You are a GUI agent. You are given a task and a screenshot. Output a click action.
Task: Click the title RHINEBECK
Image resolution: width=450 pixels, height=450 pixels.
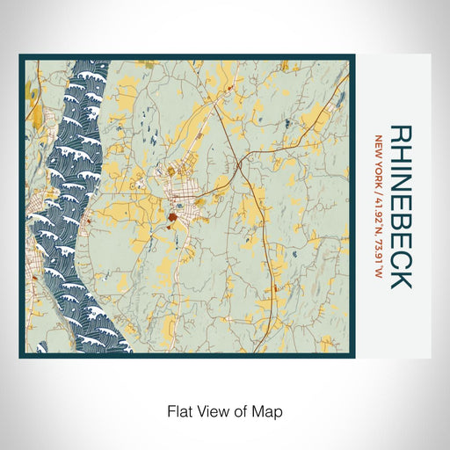pos(400,207)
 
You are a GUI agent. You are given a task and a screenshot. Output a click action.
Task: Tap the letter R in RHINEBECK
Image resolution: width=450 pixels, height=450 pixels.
pos(400,134)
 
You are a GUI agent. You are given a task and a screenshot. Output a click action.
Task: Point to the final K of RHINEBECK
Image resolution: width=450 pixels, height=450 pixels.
pos(400,279)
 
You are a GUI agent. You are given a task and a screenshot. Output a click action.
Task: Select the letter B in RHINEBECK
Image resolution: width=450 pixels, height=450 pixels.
pos(400,225)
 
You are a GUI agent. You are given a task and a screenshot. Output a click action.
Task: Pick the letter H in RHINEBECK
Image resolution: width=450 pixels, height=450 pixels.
pos(400,154)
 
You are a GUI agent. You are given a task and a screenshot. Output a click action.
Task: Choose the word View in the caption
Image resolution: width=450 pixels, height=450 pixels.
pos(207,410)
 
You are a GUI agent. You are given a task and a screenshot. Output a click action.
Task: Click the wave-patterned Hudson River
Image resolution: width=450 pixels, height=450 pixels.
pos(75,202)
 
